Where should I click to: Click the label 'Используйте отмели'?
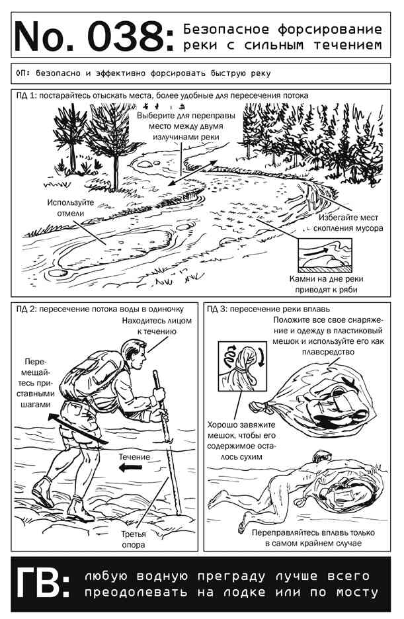click(x=71, y=208)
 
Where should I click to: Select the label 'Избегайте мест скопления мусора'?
click(x=348, y=223)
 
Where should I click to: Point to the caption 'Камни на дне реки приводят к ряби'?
click(x=326, y=284)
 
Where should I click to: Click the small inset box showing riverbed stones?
click(x=325, y=255)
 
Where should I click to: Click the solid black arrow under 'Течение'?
click(x=130, y=468)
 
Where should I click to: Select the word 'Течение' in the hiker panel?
click(x=134, y=457)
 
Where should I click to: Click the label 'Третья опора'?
click(x=133, y=539)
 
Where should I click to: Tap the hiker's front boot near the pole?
click(x=81, y=509)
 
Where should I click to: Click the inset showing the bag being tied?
click(x=242, y=366)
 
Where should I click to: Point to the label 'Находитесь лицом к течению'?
click(x=157, y=326)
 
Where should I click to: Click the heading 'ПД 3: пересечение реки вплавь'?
click(x=268, y=309)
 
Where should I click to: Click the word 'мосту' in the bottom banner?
click(x=357, y=592)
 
